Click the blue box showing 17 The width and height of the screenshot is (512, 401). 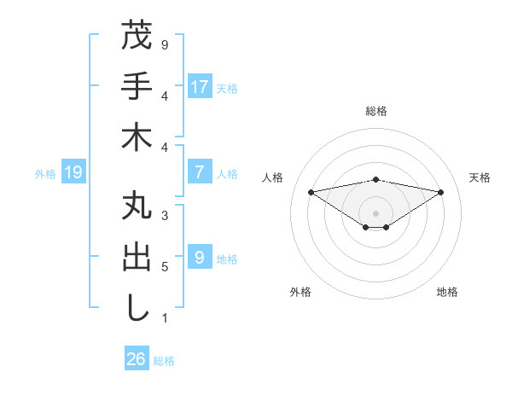199,87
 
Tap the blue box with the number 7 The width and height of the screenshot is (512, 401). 199,172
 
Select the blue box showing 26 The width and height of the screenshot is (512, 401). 137,359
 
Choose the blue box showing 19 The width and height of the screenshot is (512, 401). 73,173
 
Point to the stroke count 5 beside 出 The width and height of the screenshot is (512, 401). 165,266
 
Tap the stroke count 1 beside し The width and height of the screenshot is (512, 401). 165,318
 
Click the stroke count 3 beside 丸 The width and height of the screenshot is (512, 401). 165,216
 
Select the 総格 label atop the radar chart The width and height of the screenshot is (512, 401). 375,111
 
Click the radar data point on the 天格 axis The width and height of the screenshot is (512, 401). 441,192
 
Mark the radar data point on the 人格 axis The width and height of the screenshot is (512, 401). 311,191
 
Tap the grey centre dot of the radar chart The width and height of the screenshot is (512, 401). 375,212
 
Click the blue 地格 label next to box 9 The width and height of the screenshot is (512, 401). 227,259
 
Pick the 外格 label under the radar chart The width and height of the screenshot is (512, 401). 300,292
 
